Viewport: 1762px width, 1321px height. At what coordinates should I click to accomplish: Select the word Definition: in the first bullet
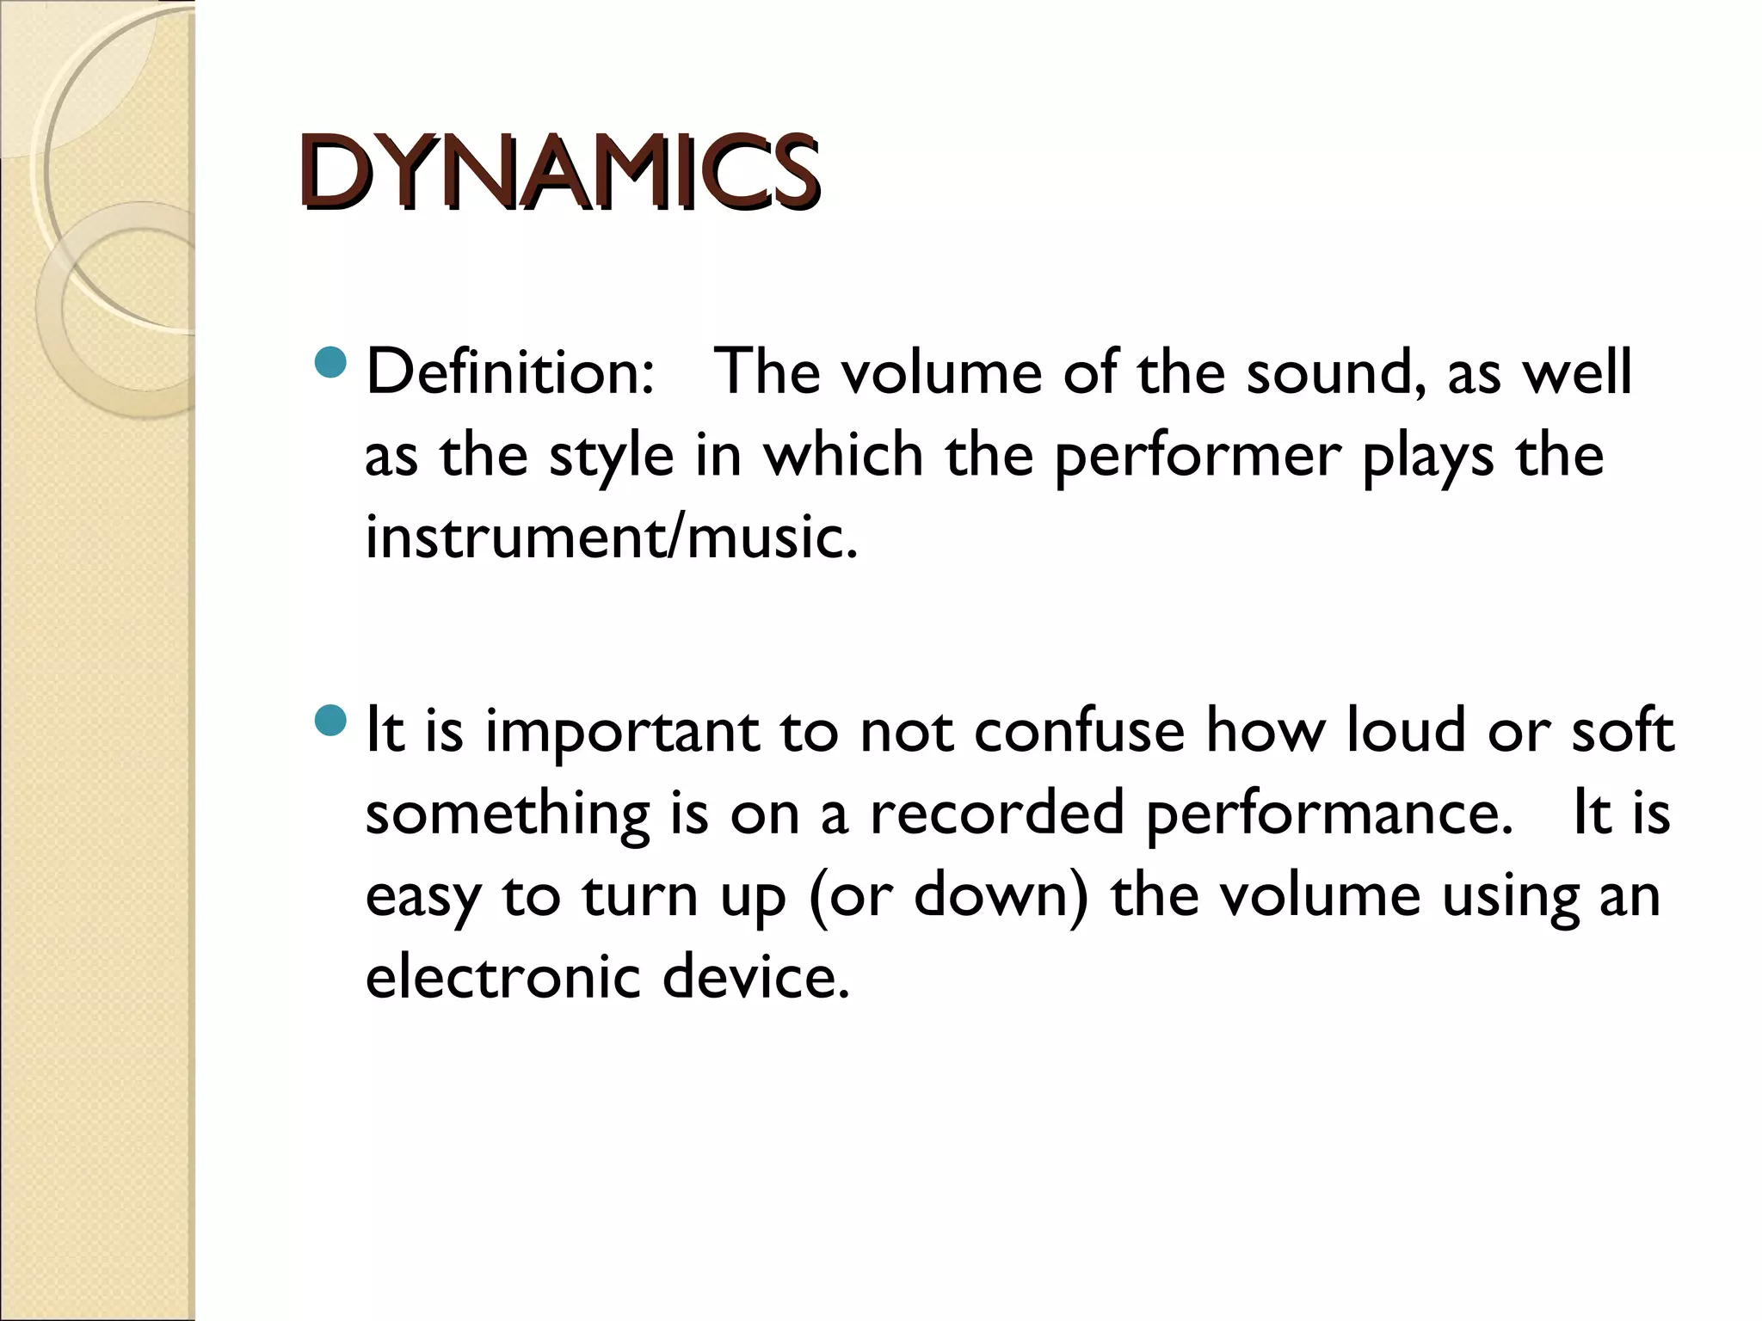point(510,372)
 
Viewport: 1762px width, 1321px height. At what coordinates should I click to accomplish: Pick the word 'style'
point(612,456)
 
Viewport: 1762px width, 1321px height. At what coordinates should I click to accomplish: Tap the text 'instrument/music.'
point(612,537)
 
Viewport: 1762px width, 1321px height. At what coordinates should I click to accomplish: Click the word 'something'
point(508,814)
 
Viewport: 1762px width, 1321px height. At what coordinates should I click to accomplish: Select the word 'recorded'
point(997,812)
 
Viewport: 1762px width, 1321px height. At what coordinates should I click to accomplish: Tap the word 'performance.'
point(1330,814)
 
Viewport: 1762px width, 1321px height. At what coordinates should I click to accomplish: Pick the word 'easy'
point(422,897)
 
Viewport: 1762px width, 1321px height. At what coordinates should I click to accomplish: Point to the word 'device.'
point(756,977)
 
